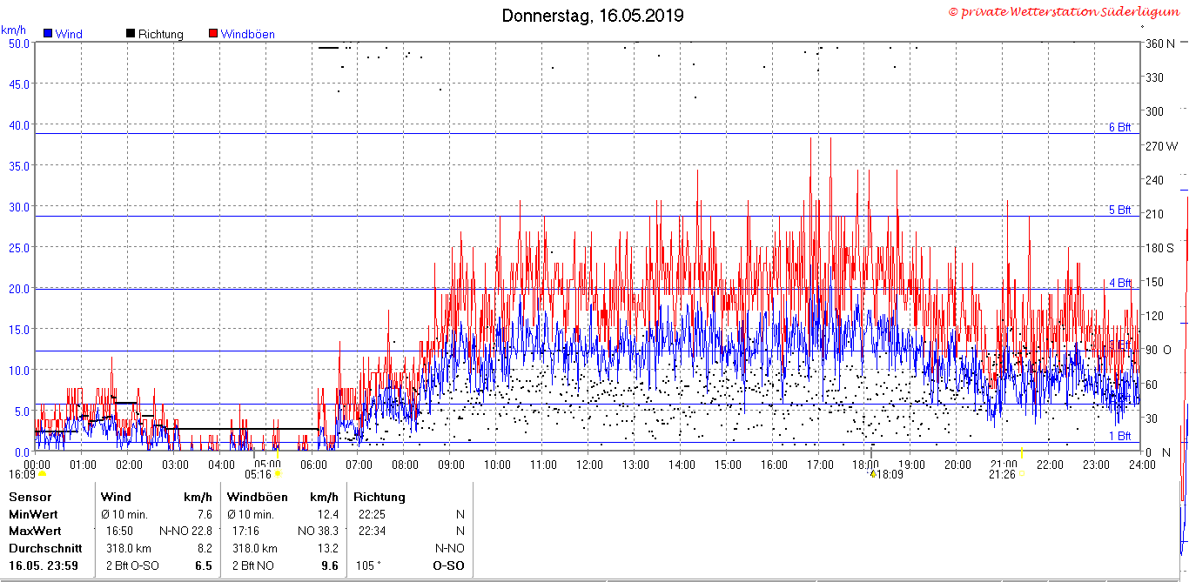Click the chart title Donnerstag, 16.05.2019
[x=593, y=16]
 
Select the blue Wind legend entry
[x=64, y=34]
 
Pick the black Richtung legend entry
[x=154, y=34]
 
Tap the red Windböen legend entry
[x=242, y=34]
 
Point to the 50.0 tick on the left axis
[x=19, y=43]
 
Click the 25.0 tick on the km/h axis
[x=19, y=248]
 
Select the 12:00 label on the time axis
[x=589, y=465]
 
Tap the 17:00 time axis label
[x=820, y=465]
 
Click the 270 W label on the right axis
[x=1161, y=146]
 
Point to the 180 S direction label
[x=1159, y=248]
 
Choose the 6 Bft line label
[x=1119, y=127]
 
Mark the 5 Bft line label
[x=1119, y=210]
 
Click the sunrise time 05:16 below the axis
[x=258, y=474]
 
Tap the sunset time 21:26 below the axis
[x=1002, y=474]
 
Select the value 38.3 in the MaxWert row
[x=328, y=531]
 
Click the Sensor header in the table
[x=30, y=497]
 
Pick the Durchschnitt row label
[x=45, y=548]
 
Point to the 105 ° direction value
[x=368, y=565]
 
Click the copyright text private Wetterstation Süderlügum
[x=1064, y=11]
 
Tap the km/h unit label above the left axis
[x=13, y=30]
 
